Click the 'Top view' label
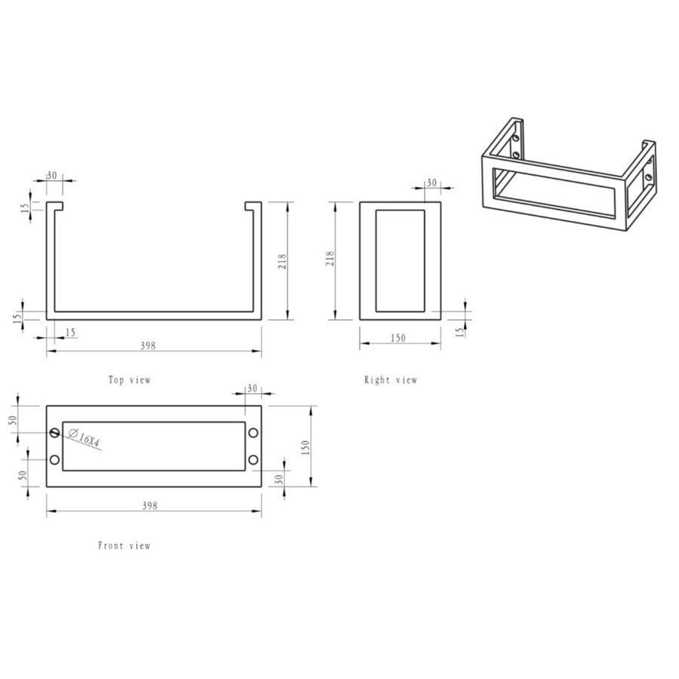[129, 380]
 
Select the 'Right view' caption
[390, 380]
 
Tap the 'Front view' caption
[124, 545]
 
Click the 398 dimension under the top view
[148, 346]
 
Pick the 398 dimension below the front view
[149, 506]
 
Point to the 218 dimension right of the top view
[282, 261]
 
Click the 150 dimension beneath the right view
[398, 338]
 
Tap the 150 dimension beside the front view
[306, 447]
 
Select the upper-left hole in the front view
[54, 432]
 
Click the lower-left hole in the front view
[54, 460]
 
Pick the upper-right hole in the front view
[253, 432]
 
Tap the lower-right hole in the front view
[253, 460]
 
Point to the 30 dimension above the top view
[52, 175]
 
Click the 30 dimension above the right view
[432, 183]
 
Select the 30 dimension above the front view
[252, 388]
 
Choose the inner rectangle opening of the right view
[400, 261]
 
